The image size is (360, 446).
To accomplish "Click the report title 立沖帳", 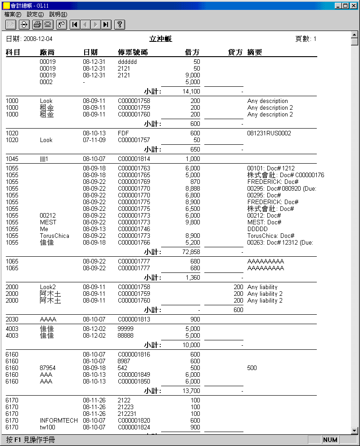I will (161, 39).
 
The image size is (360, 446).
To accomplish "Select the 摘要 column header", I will (255, 53).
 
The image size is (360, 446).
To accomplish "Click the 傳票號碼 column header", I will (133, 53).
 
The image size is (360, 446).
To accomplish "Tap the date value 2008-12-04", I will (38, 39).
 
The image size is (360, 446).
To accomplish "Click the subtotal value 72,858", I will (189, 252).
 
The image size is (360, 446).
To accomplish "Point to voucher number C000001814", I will (134, 159).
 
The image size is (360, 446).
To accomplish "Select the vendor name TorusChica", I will (54, 236).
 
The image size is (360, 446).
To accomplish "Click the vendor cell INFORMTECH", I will (58, 421).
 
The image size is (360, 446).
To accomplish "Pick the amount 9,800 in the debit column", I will (192, 222).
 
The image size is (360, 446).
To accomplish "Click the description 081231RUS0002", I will (269, 134).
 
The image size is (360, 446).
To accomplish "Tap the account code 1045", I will (12, 159).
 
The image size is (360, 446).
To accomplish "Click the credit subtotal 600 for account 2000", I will (238, 310).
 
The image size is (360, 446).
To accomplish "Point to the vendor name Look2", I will (48, 287).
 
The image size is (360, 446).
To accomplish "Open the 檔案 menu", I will (13, 14).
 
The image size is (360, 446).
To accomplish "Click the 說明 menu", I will (58, 14).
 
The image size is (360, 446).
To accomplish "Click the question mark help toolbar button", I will (119, 24).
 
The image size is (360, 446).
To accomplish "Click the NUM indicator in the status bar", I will (330, 440).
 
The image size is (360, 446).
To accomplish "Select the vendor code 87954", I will (48, 368).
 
